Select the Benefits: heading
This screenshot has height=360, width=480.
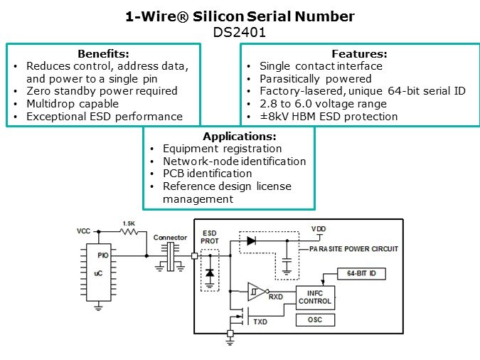(x=102, y=54)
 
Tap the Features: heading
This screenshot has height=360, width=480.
(x=359, y=54)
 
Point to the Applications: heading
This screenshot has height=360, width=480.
(x=239, y=137)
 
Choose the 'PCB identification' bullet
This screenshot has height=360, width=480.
(x=207, y=174)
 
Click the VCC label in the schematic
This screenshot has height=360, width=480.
(x=84, y=232)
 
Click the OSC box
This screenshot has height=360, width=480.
(x=314, y=319)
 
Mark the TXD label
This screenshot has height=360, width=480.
(x=260, y=322)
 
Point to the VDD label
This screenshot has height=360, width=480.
(x=319, y=229)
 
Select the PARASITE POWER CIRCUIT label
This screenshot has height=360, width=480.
(x=353, y=249)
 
